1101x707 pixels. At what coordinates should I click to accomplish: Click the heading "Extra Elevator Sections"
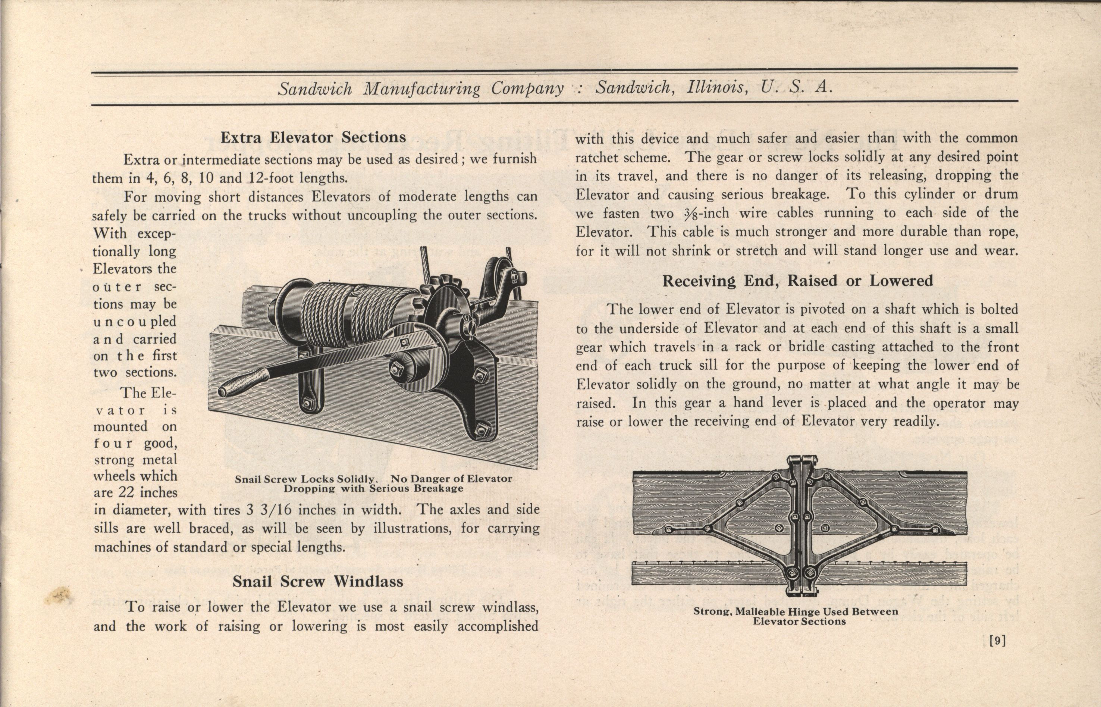[313, 137]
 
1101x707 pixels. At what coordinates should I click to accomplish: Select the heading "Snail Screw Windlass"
[318, 581]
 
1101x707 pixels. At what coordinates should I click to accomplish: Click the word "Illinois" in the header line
[715, 87]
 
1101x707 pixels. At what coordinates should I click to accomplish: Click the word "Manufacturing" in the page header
[422, 88]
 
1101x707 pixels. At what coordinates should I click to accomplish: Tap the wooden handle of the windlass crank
[242, 381]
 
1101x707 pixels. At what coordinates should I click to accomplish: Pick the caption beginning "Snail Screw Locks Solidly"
[373, 484]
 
